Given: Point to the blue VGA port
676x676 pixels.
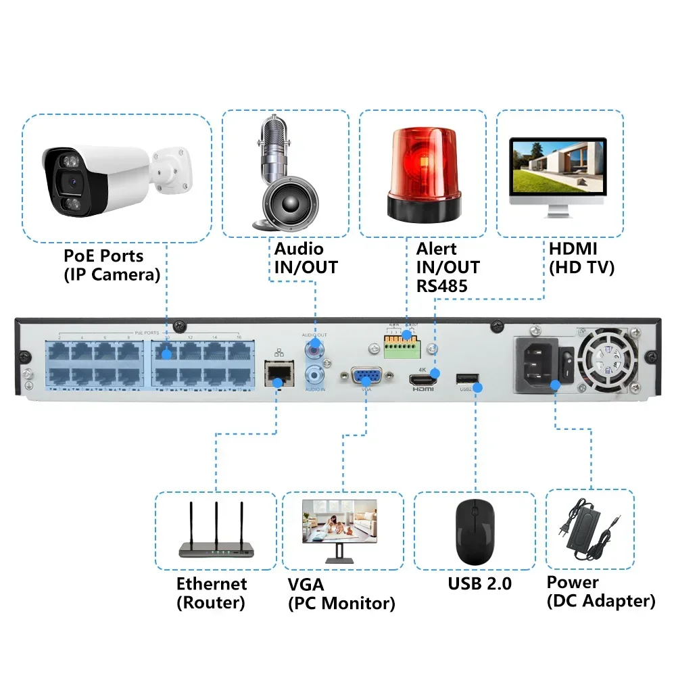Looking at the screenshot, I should tap(366, 377).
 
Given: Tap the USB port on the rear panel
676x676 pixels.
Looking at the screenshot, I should tap(466, 379).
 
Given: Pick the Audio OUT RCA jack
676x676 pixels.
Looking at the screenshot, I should tap(314, 350).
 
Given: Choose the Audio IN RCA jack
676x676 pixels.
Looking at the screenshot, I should tap(314, 374).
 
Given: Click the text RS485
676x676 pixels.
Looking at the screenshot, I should tap(441, 285).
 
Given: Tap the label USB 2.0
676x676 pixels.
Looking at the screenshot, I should tap(480, 583).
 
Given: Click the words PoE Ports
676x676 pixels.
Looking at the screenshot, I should tap(103, 256).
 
